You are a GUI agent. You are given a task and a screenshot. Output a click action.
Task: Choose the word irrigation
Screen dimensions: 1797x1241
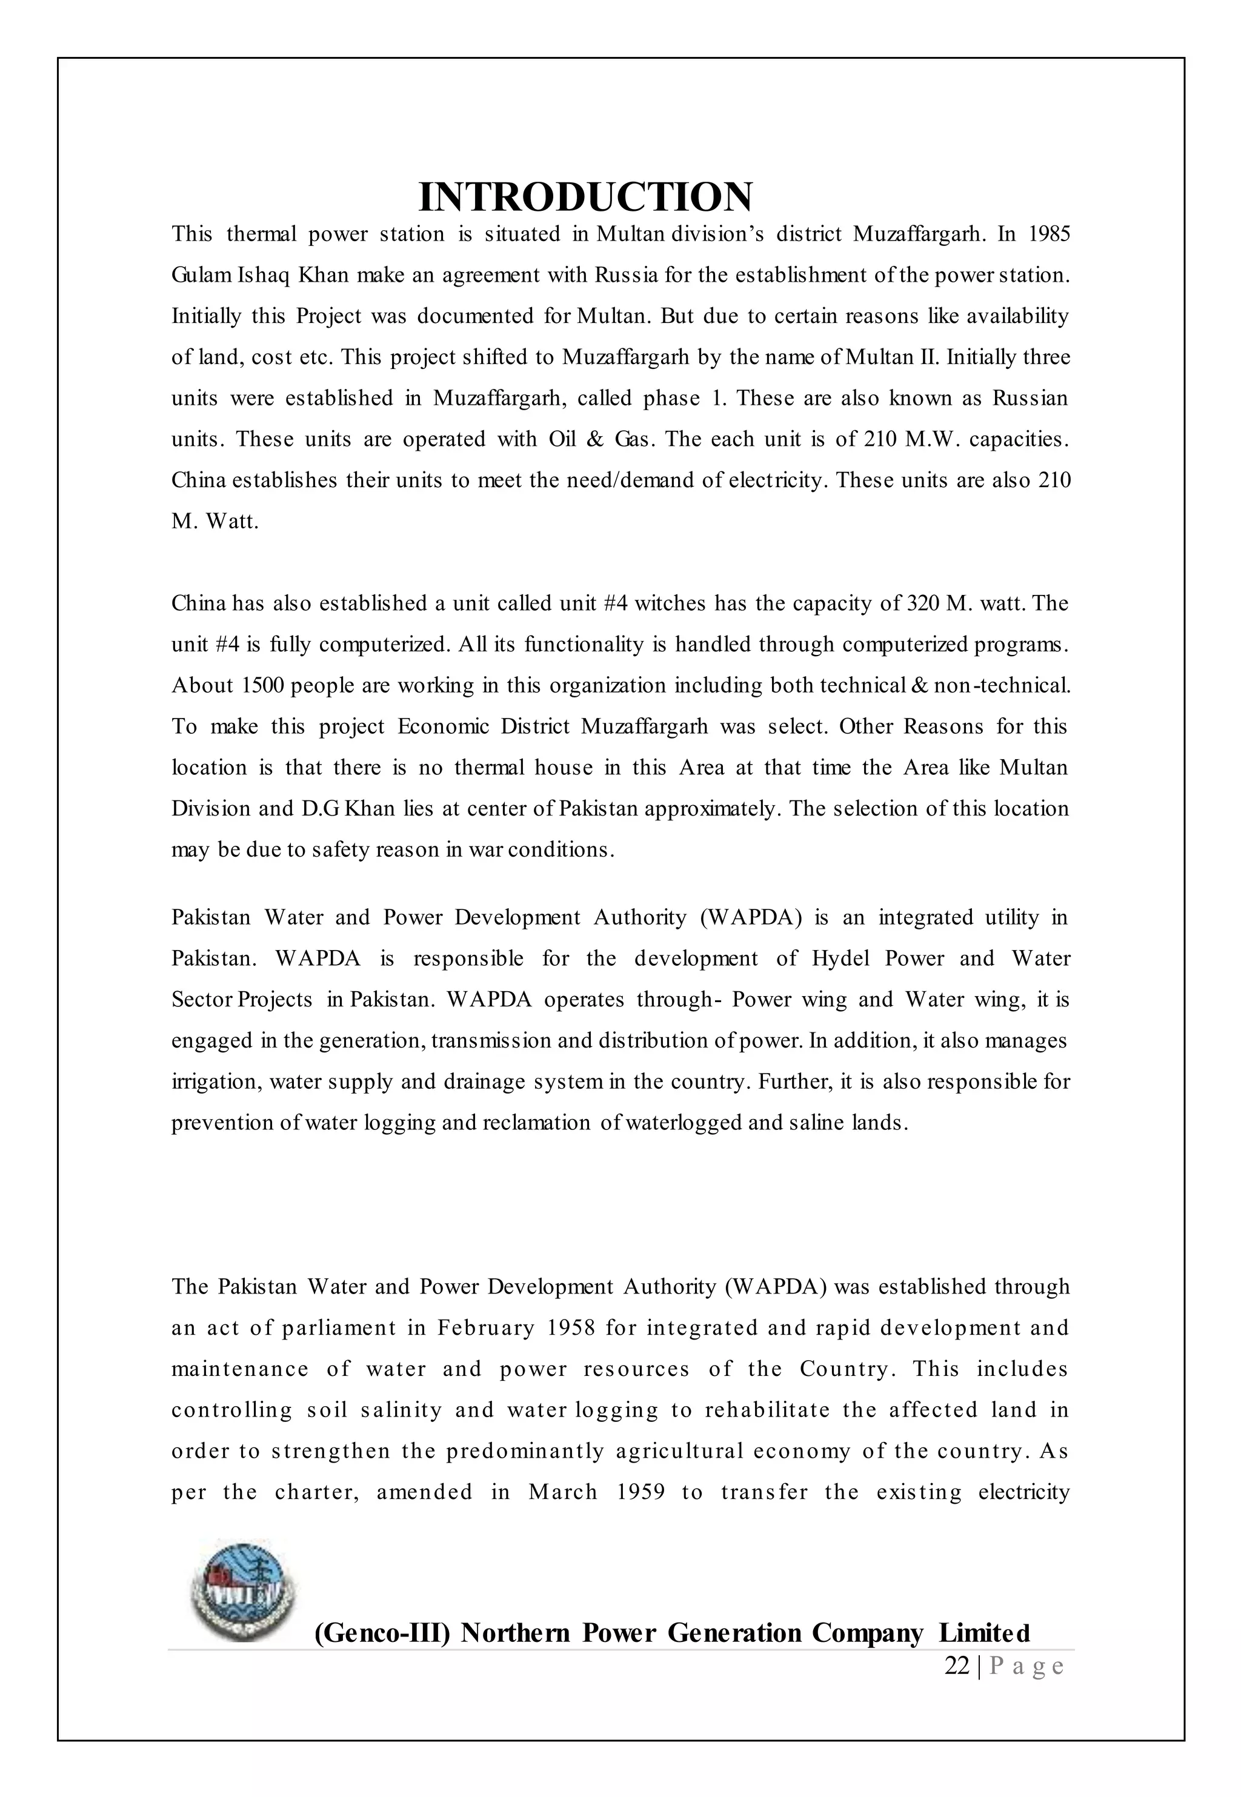pos(215,1082)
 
